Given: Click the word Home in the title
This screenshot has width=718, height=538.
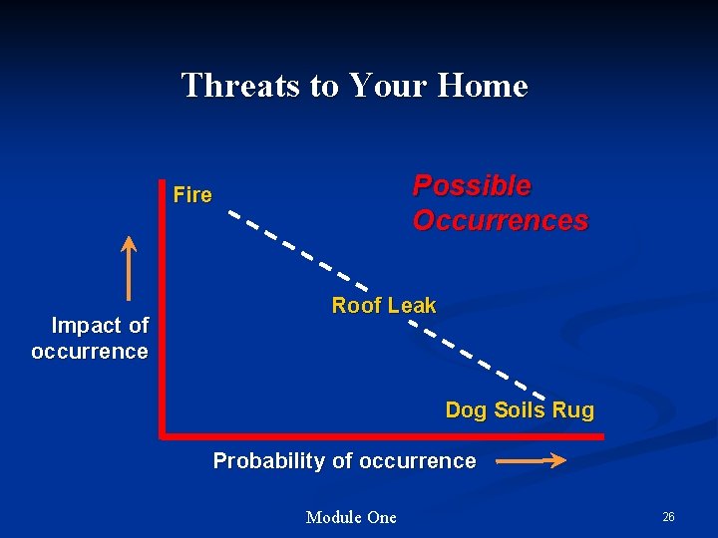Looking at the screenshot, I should (x=482, y=86).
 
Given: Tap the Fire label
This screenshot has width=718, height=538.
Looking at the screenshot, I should (x=192, y=195).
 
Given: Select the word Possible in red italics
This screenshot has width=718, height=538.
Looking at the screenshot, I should (x=472, y=186).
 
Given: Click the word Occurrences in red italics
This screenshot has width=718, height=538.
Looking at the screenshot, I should (x=500, y=220).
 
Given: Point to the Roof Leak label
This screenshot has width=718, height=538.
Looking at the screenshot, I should (x=383, y=306).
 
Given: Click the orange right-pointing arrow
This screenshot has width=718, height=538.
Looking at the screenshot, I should (x=531, y=460).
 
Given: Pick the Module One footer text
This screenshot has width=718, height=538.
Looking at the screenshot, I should (x=351, y=517).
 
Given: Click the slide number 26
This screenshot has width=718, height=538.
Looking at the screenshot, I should (x=668, y=517).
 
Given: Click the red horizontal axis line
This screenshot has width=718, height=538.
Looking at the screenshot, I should (x=379, y=435).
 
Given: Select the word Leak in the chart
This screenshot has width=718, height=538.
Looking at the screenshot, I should (x=412, y=306).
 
